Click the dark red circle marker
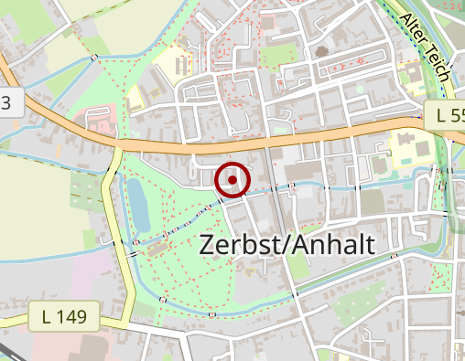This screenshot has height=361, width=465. pos(232,180)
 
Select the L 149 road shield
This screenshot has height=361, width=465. pos(63,317)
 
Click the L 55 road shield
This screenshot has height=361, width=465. pos(445,116)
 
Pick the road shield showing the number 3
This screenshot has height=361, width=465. pos(8,102)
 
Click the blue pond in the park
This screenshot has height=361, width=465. pos(139,203)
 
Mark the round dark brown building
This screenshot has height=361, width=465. pos(321,52)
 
